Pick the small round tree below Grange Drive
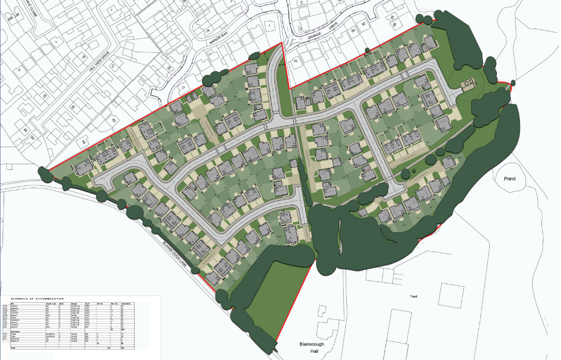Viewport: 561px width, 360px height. [x=366, y=50]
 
